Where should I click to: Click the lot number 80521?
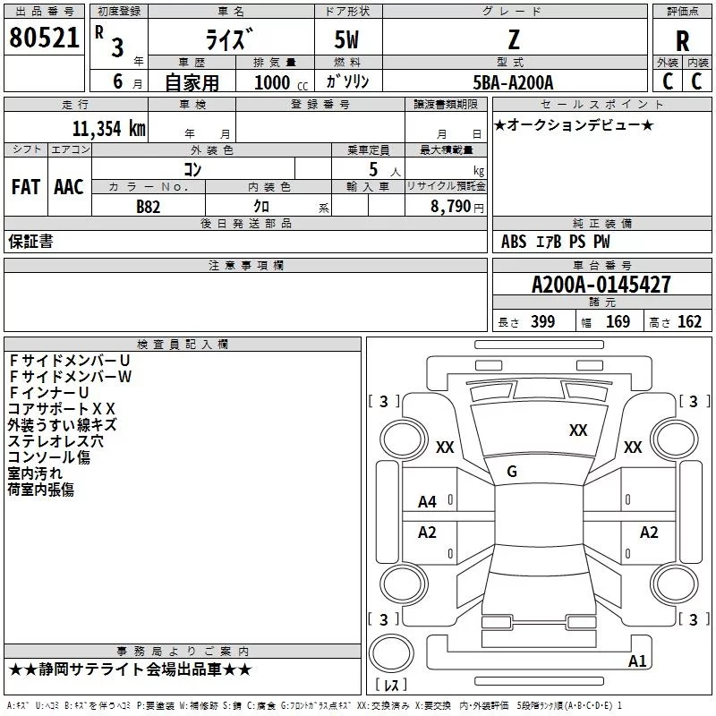[44, 39]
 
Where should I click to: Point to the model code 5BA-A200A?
[513, 82]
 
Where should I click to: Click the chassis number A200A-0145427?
[601, 286]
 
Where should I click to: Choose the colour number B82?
[149, 206]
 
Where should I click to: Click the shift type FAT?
[25, 187]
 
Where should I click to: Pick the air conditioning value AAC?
[69, 187]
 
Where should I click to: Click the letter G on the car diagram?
[512, 472]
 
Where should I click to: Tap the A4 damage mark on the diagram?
[428, 502]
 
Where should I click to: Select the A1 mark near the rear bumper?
[638, 661]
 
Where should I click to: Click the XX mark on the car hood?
[578, 430]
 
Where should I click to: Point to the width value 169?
[618, 322]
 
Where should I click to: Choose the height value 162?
[689, 322]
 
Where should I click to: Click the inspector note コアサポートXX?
[62, 408]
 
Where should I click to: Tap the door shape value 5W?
[348, 39]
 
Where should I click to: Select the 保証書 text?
[30, 242]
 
